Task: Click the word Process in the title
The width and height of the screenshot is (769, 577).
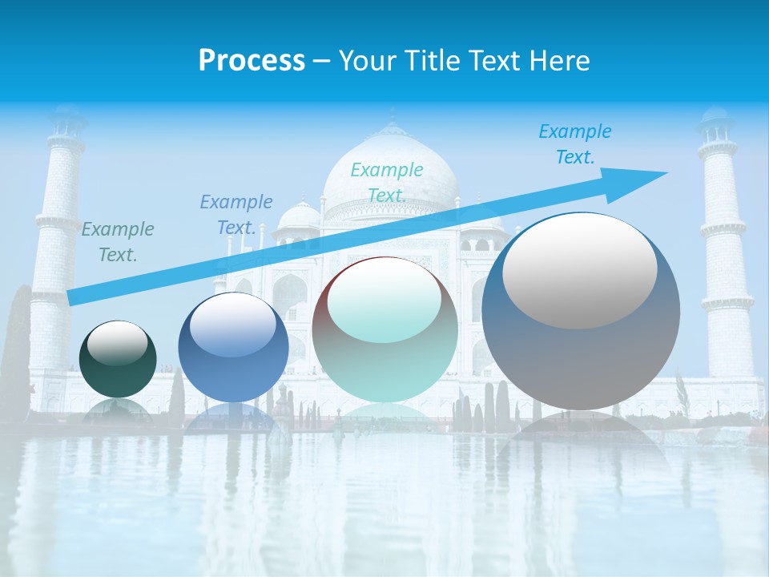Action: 252,61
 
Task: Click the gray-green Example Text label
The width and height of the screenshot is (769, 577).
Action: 118,242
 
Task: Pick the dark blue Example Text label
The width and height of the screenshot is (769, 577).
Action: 236,215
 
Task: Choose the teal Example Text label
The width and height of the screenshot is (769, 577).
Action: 387,183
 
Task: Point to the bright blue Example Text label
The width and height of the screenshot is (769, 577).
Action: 575,144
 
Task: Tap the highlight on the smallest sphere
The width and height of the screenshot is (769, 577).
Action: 117,344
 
